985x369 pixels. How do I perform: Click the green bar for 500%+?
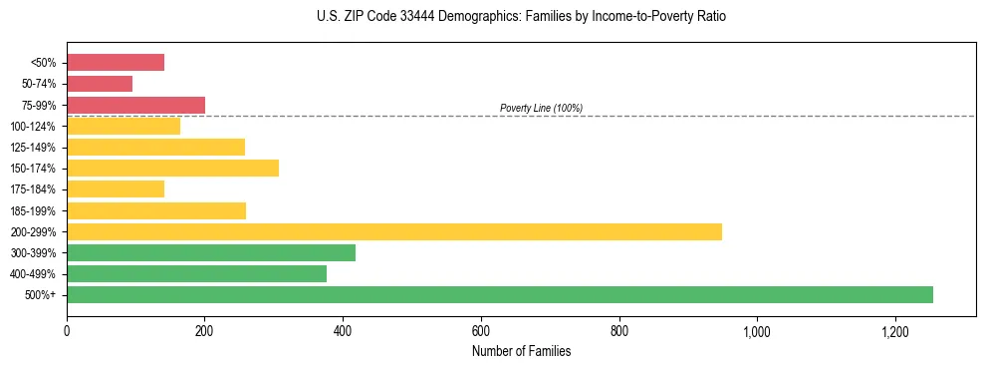click(499, 294)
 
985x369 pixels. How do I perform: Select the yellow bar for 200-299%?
click(393, 231)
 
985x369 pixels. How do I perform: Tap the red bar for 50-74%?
click(100, 84)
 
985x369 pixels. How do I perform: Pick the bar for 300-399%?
click(210, 252)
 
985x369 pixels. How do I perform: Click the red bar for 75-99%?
click(135, 105)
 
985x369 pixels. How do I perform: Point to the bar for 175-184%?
click(115, 188)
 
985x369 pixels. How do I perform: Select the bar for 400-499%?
click(196, 273)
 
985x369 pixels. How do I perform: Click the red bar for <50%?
click(115, 63)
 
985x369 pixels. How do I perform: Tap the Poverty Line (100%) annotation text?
click(541, 108)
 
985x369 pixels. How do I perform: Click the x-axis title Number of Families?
click(521, 351)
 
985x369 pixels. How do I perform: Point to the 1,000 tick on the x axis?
click(757, 331)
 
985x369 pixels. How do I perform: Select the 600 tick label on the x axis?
click(481, 331)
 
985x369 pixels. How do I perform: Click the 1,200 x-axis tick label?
click(895, 331)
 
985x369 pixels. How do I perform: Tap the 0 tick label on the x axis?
click(67, 331)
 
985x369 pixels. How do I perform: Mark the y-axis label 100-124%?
click(33, 127)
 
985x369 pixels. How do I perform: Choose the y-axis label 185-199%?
click(33, 210)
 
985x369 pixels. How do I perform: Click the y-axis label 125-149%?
click(33, 148)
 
